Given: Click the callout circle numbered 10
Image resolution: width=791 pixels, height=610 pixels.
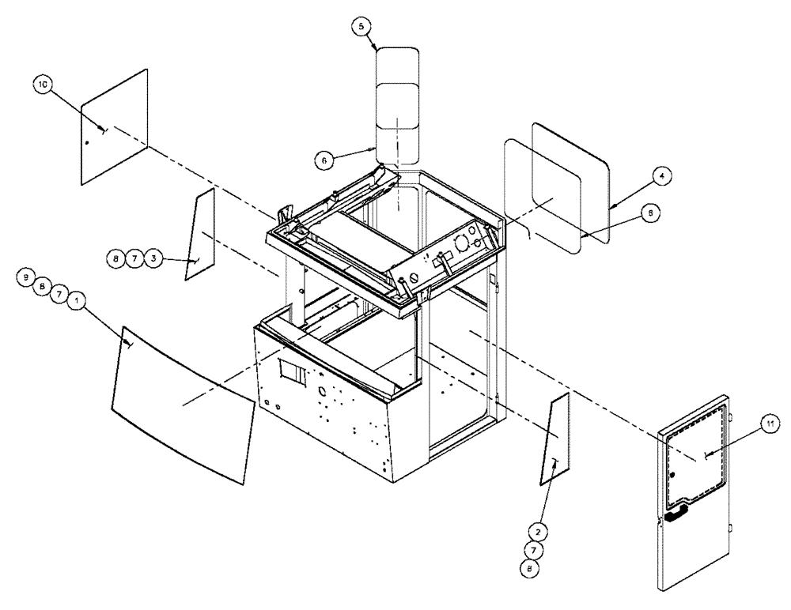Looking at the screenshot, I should [41, 83].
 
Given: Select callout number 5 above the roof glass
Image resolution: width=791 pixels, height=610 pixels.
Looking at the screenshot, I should [361, 27].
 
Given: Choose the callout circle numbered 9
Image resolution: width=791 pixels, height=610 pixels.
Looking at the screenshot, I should [26, 278].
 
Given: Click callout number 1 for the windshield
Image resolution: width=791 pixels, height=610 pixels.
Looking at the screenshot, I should [75, 300].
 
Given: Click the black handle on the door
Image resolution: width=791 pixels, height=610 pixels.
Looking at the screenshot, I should [673, 517].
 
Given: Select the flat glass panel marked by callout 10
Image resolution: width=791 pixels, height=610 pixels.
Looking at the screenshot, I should [115, 126].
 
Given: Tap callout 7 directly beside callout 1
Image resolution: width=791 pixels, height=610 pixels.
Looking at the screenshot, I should [57, 294].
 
